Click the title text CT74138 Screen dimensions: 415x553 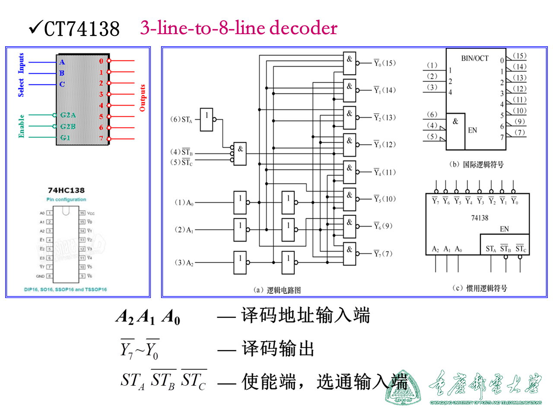pos(82,29)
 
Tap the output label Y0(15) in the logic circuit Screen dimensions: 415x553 pos(385,63)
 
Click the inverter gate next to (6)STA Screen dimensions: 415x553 pos(207,119)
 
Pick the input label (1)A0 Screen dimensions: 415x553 pos(184,202)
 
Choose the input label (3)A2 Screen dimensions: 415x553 pos(184,262)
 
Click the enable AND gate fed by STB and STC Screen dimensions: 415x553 pos(240,153)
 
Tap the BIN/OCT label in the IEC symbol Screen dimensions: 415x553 pos(474,58)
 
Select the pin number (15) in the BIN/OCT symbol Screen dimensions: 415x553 pos(519,56)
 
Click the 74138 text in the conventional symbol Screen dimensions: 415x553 pos(480,218)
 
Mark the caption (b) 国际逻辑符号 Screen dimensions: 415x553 pos(476,164)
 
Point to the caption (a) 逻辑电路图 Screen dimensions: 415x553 pos(277,290)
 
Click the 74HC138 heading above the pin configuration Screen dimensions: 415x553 pos(66,190)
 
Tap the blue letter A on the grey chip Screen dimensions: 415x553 pos(62,62)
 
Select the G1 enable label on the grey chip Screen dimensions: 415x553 pos(65,137)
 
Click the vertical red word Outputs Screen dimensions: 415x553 pos(143,98)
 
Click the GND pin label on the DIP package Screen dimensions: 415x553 pos(40,276)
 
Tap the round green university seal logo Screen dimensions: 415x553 pos(403,388)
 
